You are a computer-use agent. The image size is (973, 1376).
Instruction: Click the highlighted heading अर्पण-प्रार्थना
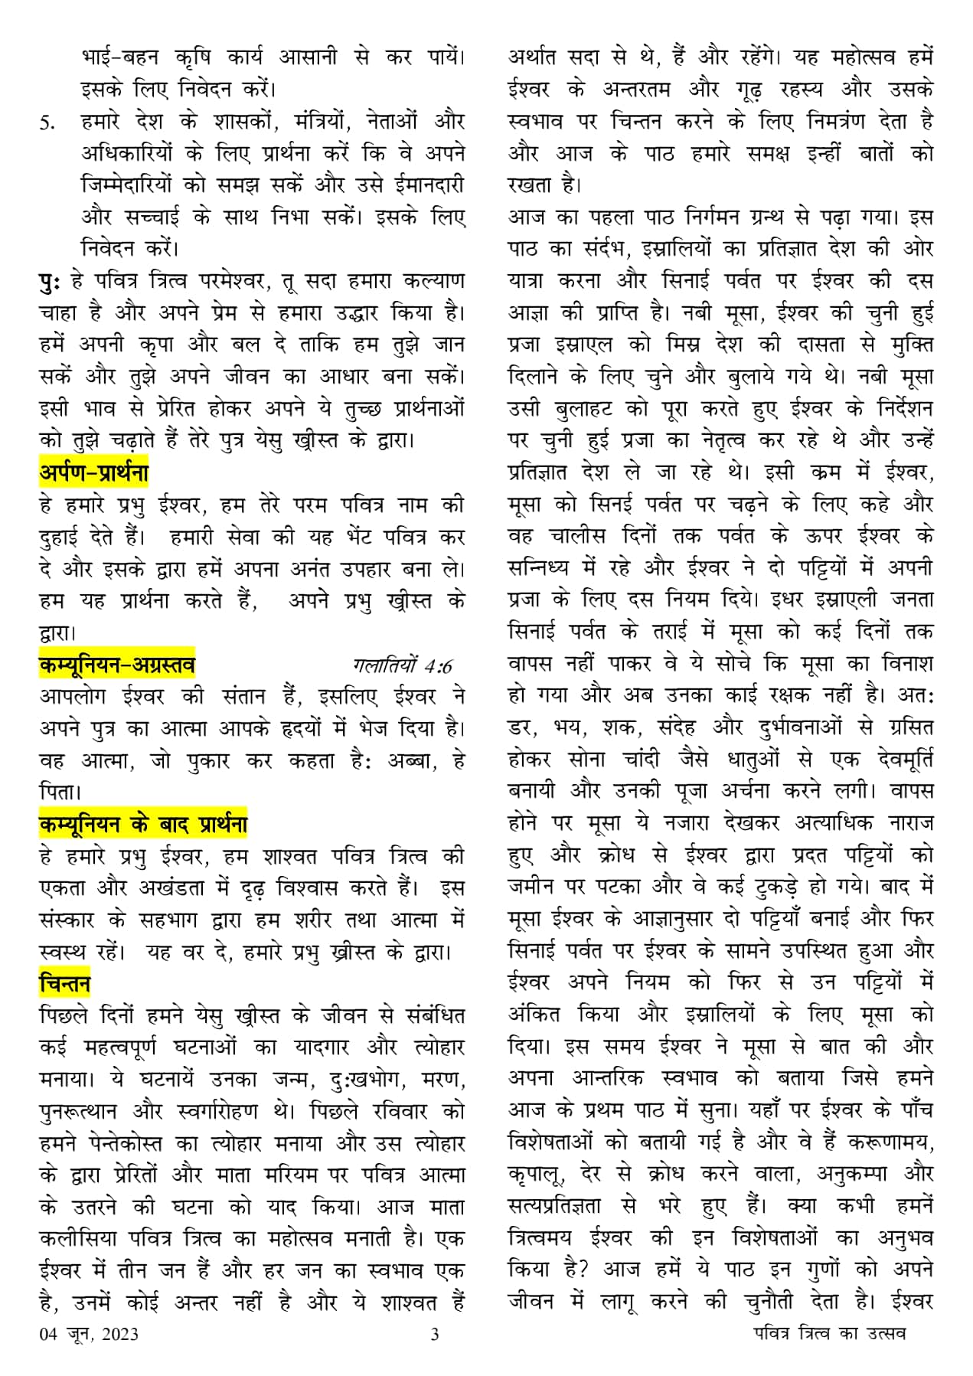coord(93,472)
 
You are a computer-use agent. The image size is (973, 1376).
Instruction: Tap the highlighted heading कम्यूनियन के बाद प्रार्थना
coord(143,825)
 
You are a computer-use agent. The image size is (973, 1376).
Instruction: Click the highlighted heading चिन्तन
coord(64,983)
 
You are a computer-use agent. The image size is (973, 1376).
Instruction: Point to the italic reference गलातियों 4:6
coord(403,665)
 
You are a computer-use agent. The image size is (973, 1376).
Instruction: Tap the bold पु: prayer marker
coord(51,281)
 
